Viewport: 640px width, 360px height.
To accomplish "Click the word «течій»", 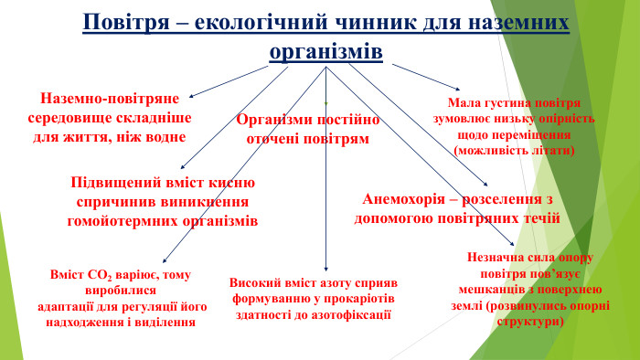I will [540, 218].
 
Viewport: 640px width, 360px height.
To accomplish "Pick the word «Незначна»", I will [492, 258].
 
